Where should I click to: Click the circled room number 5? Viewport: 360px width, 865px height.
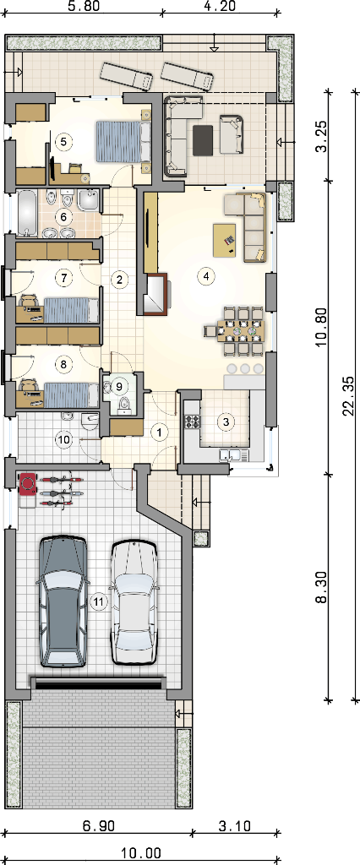click(63, 142)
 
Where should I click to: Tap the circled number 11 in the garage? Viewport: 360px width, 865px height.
click(98, 601)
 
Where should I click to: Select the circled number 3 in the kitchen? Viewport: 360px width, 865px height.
click(226, 422)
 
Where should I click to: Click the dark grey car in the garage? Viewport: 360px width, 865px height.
click(63, 601)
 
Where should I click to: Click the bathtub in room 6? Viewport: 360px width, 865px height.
click(26, 212)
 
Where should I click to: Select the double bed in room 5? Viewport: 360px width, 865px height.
click(123, 142)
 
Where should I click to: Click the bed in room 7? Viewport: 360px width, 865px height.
click(71, 309)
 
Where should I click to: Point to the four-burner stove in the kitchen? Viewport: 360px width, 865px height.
click(194, 422)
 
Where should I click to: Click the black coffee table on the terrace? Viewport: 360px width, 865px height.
click(203, 140)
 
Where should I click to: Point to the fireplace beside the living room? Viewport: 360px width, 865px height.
click(156, 293)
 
